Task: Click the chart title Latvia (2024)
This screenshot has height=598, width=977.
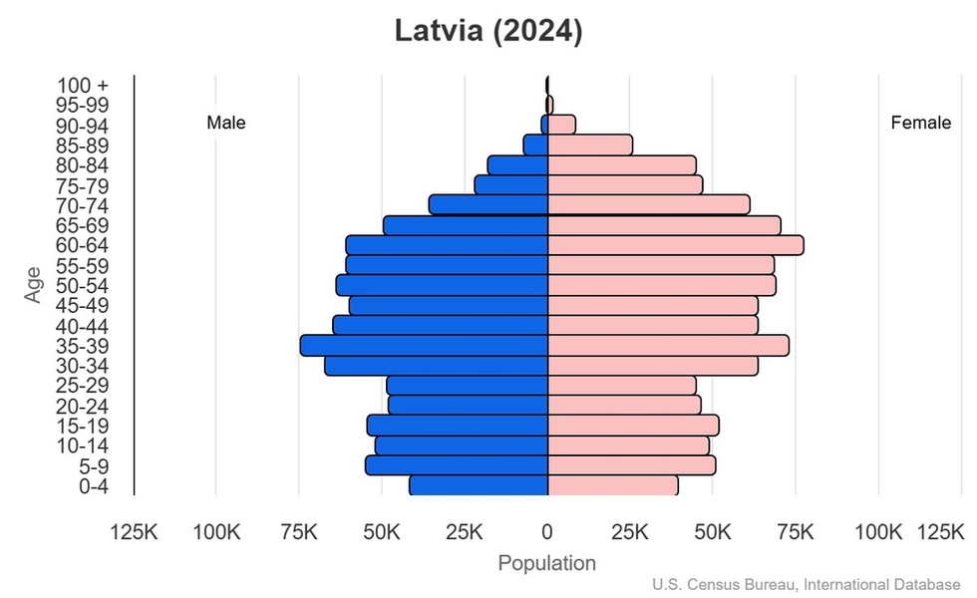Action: point(488,31)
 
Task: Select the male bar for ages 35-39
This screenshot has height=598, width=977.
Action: point(424,345)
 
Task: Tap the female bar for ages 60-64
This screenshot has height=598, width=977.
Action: point(675,245)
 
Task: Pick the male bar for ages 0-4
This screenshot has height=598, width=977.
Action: point(479,485)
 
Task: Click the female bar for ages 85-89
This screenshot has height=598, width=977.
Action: point(590,145)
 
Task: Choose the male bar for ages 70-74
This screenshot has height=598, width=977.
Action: point(488,204)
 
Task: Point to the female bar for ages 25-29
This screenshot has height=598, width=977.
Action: point(622,385)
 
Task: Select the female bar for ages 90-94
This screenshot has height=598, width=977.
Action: point(561,125)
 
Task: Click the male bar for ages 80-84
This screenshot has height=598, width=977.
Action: point(517,164)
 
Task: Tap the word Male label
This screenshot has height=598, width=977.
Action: point(226,123)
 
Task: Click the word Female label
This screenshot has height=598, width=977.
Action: point(920,123)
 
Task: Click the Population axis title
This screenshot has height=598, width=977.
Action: point(546,563)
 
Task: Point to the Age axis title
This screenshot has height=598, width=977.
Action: point(35,284)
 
